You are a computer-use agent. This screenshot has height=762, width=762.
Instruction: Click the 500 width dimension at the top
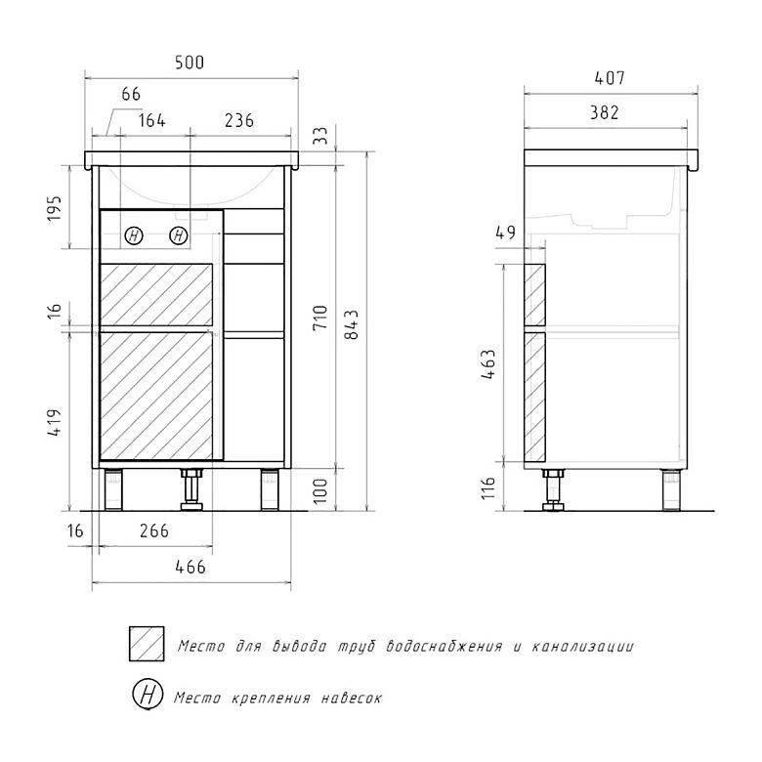(x=190, y=63)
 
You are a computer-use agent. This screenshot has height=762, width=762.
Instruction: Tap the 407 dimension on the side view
(x=610, y=78)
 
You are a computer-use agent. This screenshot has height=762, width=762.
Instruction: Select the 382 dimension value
(x=604, y=112)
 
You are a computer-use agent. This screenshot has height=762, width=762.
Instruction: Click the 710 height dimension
(x=320, y=318)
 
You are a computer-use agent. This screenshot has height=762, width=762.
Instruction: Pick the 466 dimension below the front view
(x=190, y=567)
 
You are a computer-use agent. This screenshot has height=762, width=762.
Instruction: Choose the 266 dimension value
(x=154, y=530)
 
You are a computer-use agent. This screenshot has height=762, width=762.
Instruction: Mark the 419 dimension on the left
(x=55, y=423)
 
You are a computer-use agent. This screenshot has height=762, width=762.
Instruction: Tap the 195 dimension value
(x=55, y=208)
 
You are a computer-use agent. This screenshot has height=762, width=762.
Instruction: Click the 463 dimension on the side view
(x=488, y=364)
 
